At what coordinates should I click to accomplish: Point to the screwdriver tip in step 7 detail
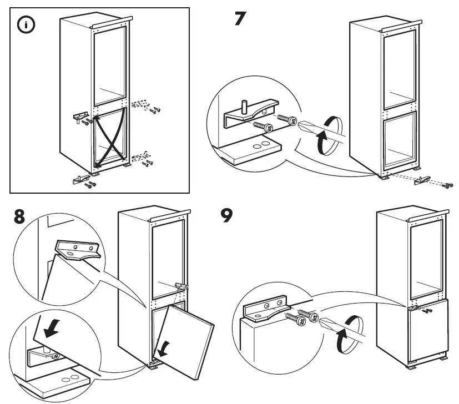(299, 123)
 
